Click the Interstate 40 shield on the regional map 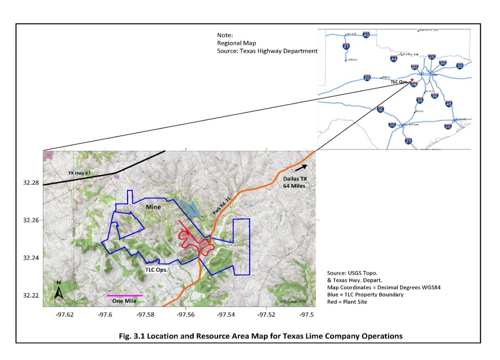pos(366,34)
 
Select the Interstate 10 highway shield pos(380,110)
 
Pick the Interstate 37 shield pos(408,141)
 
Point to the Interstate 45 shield pos(449,104)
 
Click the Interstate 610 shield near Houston pos(448,126)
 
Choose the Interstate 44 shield pos(393,58)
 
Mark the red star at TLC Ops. pos(412,80)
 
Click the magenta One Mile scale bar pos(124,295)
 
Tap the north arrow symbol pos(58,292)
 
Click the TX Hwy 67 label pos(79,173)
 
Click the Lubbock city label pos(352,60)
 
